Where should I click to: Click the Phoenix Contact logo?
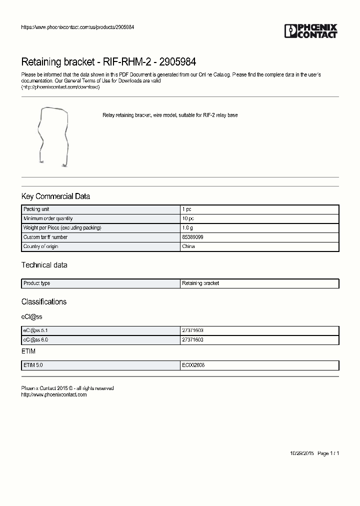(x=311, y=31)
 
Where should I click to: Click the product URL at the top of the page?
(x=77, y=27)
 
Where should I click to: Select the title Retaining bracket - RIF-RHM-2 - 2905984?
(x=108, y=62)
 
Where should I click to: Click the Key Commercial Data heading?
(x=55, y=196)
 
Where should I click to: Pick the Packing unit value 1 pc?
(x=187, y=209)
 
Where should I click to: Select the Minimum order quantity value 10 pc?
(x=188, y=218)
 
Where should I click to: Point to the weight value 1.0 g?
(x=187, y=228)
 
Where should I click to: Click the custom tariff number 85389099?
(x=192, y=237)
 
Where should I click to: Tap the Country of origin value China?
(x=188, y=246)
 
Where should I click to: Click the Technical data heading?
(x=44, y=265)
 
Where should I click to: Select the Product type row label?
(x=37, y=283)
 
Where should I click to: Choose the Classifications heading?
(x=44, y=302)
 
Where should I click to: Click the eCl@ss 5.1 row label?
(x=35, y=330)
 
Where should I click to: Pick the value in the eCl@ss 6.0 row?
(x=192, y=339)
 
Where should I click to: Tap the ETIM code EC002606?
(x=193, y=365)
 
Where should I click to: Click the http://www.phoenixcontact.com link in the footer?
(x=54, y=394)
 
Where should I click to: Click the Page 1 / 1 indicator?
(x=328, y=453)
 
